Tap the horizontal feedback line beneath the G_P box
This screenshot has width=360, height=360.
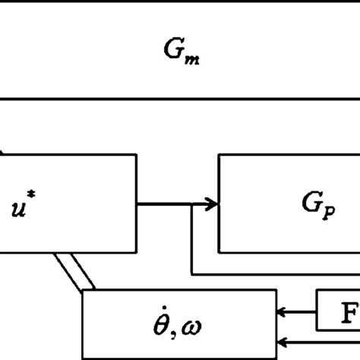[x=273, y=273]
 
